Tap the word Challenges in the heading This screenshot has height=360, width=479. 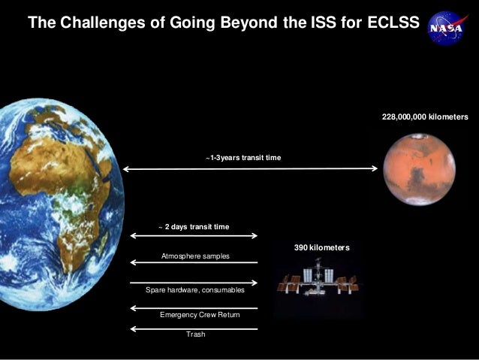(x=96, y=23)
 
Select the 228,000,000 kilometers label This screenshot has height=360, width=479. (x=425, y=117)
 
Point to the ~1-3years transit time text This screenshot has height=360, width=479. (x=243, y=158)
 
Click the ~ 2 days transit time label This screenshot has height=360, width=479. (x=194, y=226)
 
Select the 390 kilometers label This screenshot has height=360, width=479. (x=321, y=247)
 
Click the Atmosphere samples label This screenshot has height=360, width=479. (x=195, y=256)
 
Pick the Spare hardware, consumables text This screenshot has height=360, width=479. (x=194, y=290)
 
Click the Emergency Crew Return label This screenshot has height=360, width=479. (x=200, y=314)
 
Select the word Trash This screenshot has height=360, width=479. (x=195, y=334)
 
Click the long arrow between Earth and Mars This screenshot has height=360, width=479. (x=250, y=169)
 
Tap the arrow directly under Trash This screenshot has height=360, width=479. (x=194, y=328)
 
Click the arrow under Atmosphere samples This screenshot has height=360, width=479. (x=194, y=262)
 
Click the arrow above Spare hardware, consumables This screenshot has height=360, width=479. (x=194, y=283)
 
